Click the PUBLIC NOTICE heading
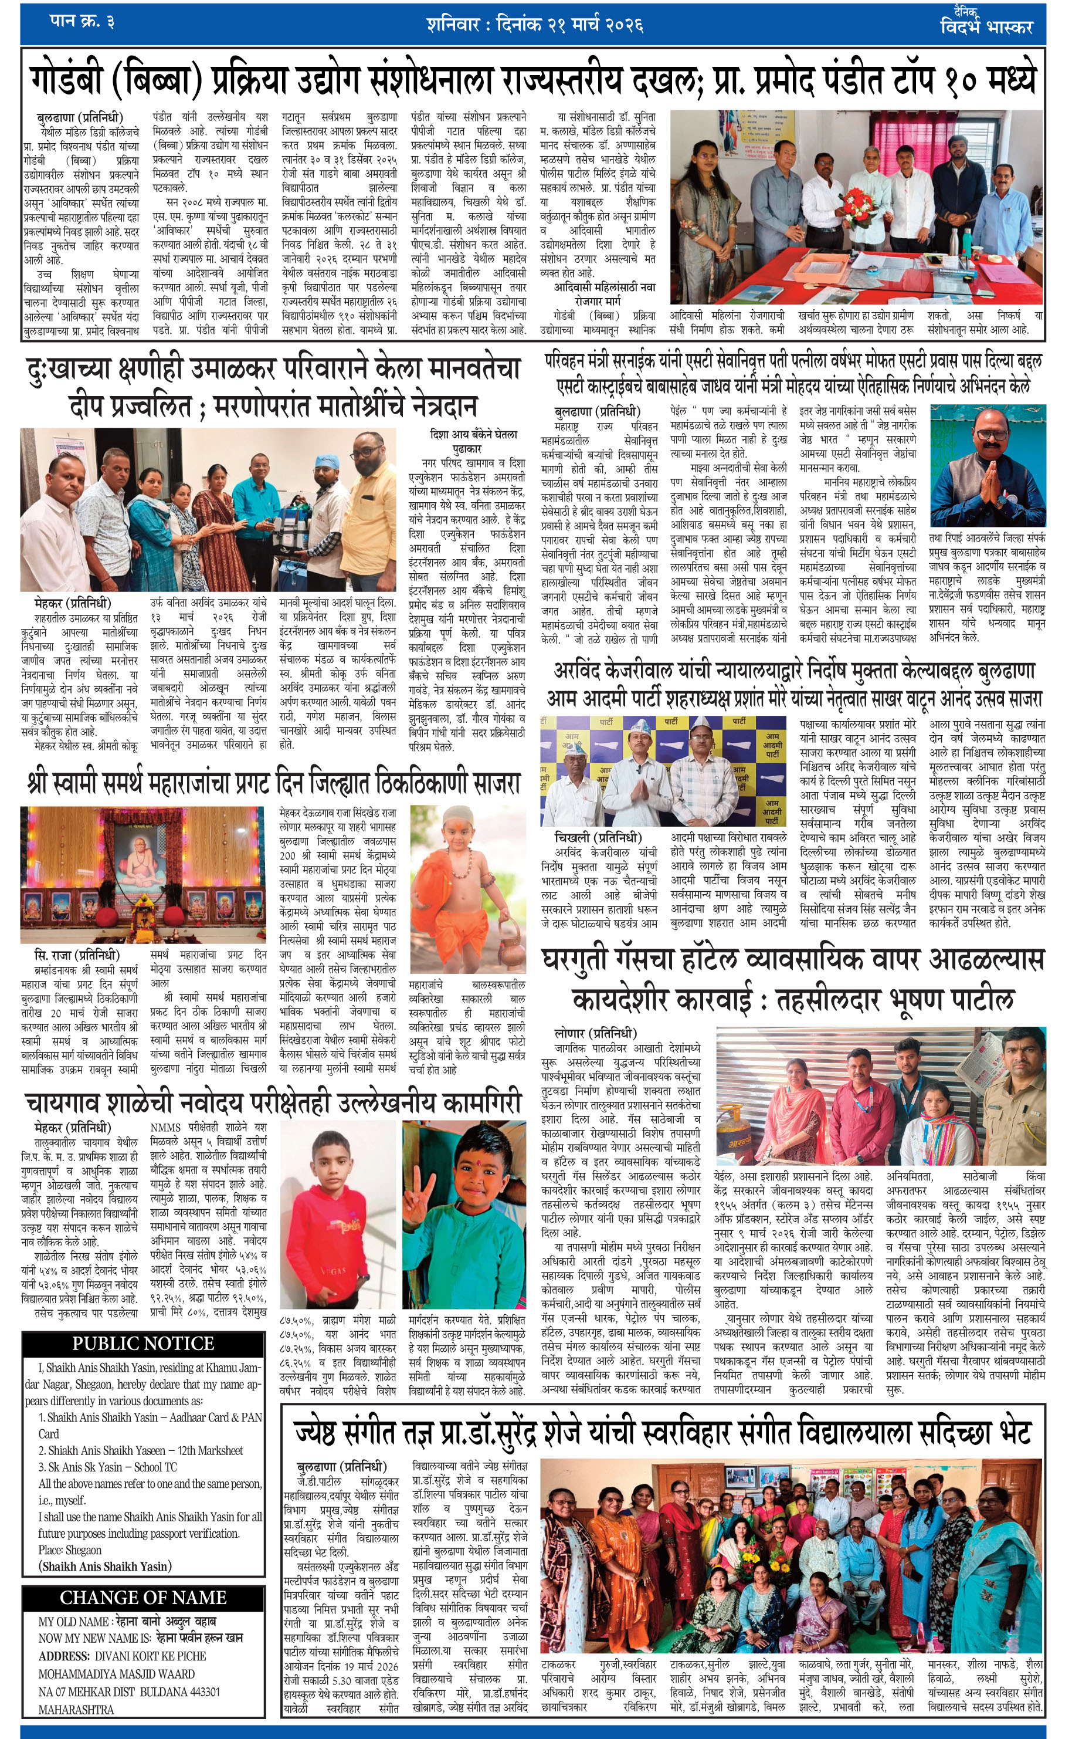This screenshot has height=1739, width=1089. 143,1343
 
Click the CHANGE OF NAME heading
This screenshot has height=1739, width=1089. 143,1597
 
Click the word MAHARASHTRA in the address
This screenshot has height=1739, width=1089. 76,1708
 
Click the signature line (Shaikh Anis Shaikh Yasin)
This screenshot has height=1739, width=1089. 105,1565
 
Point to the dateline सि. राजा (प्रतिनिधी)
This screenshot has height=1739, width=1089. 77,955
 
